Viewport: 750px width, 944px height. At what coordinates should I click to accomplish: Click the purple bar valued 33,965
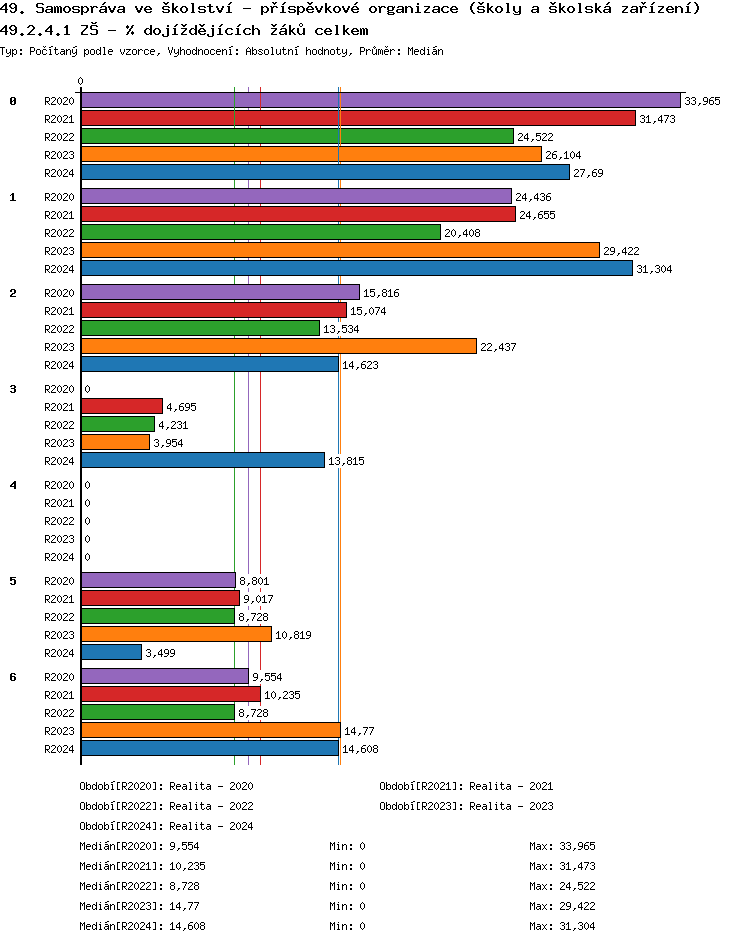coord(380,100)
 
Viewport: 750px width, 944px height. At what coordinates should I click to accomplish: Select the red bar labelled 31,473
coord(358,118)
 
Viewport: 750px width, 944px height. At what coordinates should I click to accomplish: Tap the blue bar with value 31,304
coord(356,268)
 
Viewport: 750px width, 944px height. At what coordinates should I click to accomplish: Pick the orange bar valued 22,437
coord(278,346)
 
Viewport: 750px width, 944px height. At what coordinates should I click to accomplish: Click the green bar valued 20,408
coord(260,232)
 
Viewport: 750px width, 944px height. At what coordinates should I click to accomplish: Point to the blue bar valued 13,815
coord(203,460)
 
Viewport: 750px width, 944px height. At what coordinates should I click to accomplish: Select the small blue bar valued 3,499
coord(111,652)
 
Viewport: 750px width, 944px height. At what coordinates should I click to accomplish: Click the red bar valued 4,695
coord(121,406)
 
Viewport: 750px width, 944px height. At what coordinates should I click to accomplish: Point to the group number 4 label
coord(13,485)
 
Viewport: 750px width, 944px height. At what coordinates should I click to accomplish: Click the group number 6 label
coord(13,677)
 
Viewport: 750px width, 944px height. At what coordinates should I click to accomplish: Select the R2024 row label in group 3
coord(59,461)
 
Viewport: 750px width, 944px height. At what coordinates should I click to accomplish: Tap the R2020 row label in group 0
coord(59,101)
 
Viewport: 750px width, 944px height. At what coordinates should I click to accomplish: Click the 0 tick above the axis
coord(81,81)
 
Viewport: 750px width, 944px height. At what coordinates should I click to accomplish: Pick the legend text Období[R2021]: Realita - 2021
coord(466,786)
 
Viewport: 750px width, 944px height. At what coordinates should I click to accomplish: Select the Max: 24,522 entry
coord(562,886)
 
